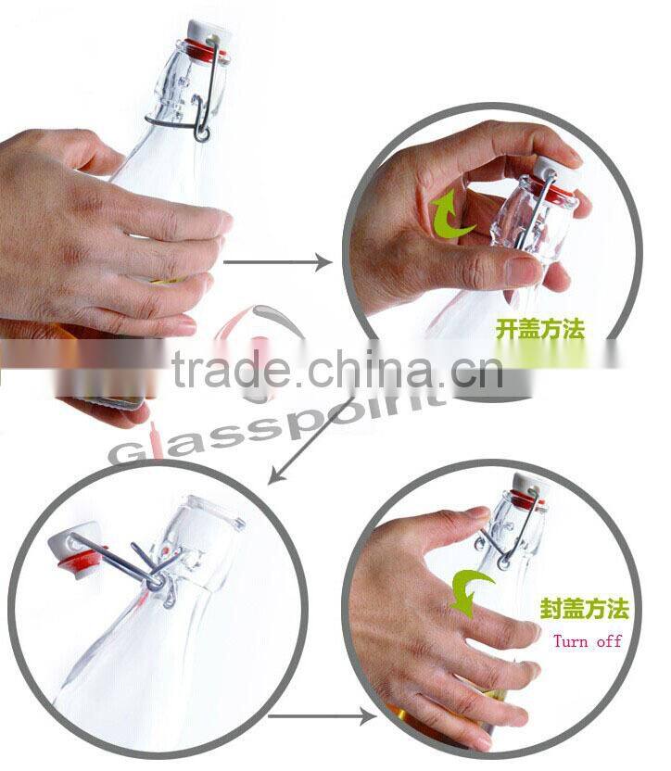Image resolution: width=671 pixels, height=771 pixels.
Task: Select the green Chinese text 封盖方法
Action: [584, 609]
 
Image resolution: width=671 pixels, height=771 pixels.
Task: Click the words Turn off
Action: [588, 640]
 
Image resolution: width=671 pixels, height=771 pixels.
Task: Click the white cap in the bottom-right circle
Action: [525, 486]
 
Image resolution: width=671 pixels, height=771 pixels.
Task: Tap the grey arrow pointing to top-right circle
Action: [277, 262]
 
